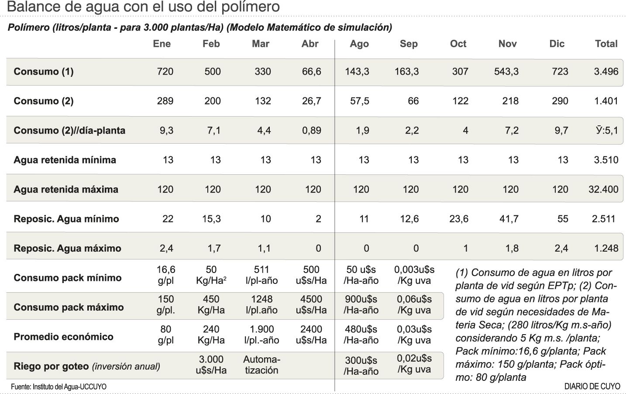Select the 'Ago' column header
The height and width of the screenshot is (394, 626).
point(359,44)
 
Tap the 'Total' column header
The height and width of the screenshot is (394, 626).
point(606,44)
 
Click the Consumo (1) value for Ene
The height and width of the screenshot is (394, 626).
point(165,72)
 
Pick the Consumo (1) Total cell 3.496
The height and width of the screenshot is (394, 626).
point(606,72)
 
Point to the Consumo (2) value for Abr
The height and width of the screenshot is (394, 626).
point(311,101)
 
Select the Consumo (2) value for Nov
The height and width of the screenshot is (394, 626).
point(510,101)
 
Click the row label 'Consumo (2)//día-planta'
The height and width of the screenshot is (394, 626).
point(69,131)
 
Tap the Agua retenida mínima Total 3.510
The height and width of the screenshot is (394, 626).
point(605,160)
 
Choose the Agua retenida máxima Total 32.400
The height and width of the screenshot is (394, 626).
point(603,190)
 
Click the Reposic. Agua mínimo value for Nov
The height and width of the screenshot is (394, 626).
point(509,219)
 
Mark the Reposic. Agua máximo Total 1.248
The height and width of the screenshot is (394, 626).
point(606,249)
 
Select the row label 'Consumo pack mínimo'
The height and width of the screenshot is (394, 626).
point(68,278)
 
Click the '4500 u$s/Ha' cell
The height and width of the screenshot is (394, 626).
point(311,304)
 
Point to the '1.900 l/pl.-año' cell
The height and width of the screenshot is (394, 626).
point(261,335)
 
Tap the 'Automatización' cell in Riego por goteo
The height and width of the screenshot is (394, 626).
point(261,365)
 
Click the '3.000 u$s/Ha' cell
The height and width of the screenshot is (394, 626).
point(211,365)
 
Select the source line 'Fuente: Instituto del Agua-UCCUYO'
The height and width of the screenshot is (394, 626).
point(58,387)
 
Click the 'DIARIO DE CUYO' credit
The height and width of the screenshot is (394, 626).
point(592,387)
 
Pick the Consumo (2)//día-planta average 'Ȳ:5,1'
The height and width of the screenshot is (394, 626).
point(607,131)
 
